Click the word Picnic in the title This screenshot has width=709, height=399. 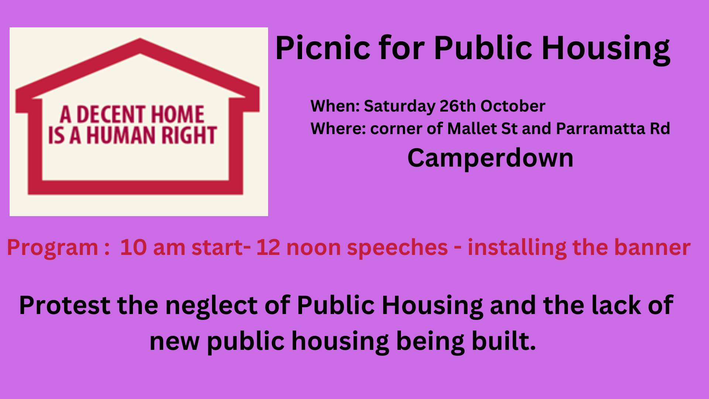pyautogui.click(x=322, y=48)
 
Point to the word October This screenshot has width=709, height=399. pyautogui.click(x=513, y=106)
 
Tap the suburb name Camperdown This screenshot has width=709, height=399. pyautogui.click(x=490, y=158)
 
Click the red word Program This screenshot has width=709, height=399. pyautogui.click(x=52, y=248)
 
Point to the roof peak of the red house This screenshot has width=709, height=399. pyautogui.click(x=140, y=39)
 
